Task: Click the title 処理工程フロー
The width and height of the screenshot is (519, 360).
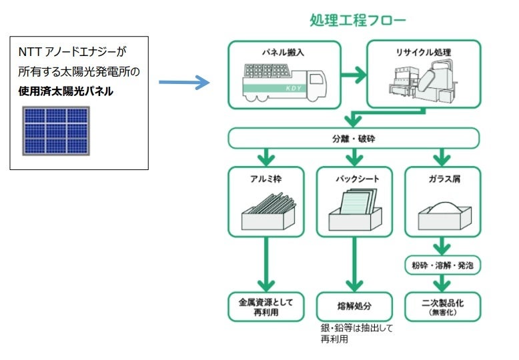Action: click(x=357, y=20)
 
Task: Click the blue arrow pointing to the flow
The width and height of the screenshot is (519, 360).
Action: click(x=185, y=83)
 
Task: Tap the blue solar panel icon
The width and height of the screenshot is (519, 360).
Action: click(x=56, y=130)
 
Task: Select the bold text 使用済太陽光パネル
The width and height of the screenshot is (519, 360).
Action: click(x=65, y=91)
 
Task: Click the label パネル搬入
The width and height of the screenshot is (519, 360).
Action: click(x=284, y=52)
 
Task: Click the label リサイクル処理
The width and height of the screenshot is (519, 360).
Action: click(x=423, y=52)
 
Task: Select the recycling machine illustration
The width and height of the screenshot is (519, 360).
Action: click(x=424, y=82)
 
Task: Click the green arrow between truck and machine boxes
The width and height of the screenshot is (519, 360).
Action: click(x=354, y=74)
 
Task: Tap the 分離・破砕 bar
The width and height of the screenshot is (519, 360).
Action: click(x=354, y=139)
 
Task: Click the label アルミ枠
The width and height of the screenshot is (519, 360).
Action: click(x=266, y=178)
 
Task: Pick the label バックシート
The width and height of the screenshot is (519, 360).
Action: click(x=354, y=178)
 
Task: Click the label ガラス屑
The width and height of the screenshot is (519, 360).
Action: click(x=442, y=178)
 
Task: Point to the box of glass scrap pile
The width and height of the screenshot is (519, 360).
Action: click(x=442, y=213)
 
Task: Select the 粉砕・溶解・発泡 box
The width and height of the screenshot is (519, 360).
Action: click(x=442, y=265)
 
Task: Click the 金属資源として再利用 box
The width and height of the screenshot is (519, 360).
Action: click(x=266, y=307)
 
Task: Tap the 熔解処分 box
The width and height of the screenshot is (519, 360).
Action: click(x=354, y=307)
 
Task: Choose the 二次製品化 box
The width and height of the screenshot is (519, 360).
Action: click(x=442, y=307)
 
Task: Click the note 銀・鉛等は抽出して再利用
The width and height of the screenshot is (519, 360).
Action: click(x=348, y=334)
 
